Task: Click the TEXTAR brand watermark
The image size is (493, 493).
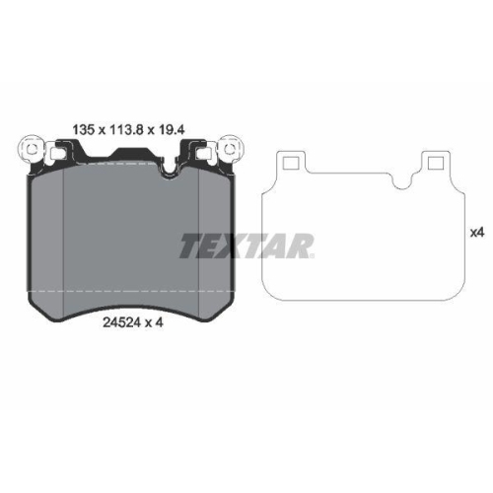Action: point(246,246)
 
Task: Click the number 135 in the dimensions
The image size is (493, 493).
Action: point(86,127)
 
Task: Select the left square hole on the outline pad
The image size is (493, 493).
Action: point(290,160)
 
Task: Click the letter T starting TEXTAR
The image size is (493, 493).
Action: point(187,246)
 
